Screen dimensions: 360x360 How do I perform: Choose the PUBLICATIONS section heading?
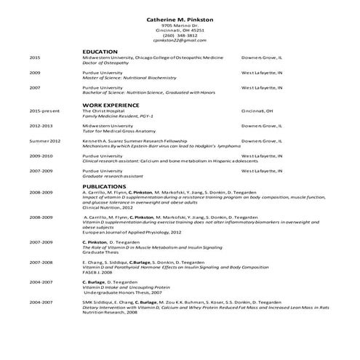[x=103, y=186]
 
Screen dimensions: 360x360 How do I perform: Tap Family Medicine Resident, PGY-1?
[x=116, y=116]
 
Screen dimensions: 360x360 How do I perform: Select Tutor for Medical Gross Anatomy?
[x=117, y=131]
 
